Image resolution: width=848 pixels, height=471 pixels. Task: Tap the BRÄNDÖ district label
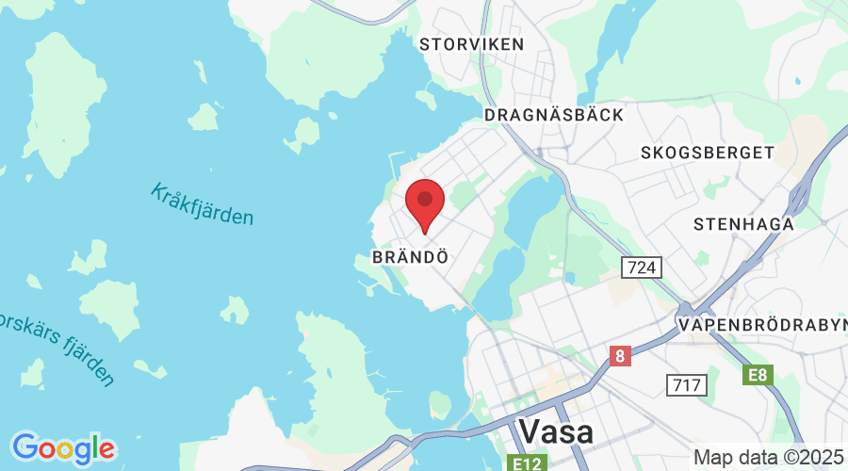pos(408,256)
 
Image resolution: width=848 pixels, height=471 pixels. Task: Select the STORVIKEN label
pos(471,44)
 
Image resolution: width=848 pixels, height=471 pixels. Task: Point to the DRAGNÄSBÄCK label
pos(553,115)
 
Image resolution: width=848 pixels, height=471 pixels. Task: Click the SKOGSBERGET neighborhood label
pos(707,152)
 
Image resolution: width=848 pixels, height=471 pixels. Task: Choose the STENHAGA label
pos(743,224)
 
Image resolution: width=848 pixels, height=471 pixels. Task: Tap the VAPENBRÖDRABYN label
pos(762,325)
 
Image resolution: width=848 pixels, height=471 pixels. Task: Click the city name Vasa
pos(556,431)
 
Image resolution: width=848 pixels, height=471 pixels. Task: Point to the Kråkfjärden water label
pos(202,203)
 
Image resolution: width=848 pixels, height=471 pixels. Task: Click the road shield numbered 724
pos(642,268)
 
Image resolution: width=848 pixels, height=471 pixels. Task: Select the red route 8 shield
pos(620,357)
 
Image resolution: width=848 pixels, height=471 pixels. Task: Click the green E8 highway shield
pos(756,376)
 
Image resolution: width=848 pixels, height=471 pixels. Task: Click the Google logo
pos(63,447)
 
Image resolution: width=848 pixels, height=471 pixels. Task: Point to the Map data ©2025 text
pos(768,457)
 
